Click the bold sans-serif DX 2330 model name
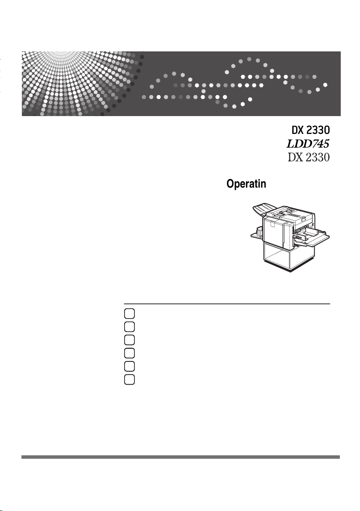(x=308, y=129)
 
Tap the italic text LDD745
(x=308, y=143)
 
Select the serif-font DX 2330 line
(x=308, y=157)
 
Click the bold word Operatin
(x=246, y=184)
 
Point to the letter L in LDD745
(x=291, y=143)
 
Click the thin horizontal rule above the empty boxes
(x=227, y=304)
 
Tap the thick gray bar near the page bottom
(x=180, y=457)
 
